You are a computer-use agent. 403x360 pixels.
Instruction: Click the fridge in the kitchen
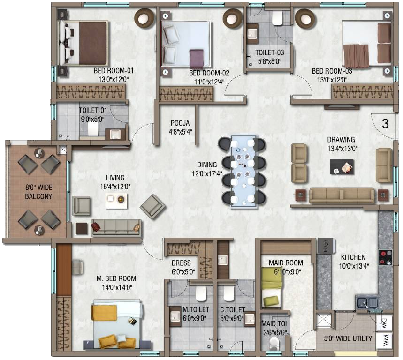coord(326,246)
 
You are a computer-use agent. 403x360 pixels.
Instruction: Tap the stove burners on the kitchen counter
coord(386,257)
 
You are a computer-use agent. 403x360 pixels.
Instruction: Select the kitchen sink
coord(367,302)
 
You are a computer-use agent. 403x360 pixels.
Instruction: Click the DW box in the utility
coord(384,322)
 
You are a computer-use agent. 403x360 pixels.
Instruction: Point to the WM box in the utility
coord(384,340)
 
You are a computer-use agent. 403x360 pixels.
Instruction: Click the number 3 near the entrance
coord(385,124)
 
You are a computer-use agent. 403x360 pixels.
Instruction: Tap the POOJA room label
coord(180,123)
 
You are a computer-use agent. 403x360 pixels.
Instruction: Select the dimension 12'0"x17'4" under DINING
coord(207,174)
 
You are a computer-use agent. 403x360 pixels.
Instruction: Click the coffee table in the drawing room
coord(342,167)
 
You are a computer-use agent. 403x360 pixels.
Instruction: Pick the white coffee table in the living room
coord(116,201)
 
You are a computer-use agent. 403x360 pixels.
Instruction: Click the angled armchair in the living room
coord(152,207)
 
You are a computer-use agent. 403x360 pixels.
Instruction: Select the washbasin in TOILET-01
coord(115,134)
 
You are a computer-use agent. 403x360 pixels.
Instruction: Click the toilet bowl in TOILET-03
coord(277,18)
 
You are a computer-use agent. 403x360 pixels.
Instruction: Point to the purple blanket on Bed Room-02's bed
coord(197,59)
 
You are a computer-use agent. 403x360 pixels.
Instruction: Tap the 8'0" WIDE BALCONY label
coord(38,192)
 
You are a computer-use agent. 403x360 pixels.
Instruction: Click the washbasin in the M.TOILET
coord(175,316)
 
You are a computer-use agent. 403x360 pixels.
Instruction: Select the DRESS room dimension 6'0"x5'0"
coord(183,272)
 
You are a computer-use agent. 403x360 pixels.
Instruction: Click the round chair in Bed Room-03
coord(305,18)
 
